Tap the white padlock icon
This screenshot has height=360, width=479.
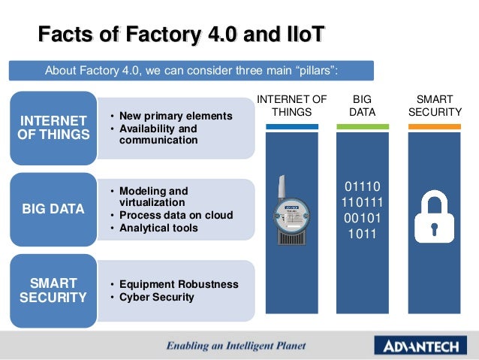tap(434, 214)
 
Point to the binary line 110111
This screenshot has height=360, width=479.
tap(363, 202)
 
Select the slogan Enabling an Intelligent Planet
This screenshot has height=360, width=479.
tap(236, 346)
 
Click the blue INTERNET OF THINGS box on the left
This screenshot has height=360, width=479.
tap(53, 128)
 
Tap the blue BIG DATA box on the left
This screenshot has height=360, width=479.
tap(53, 209)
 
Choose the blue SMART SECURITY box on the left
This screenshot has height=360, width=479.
tap(53, 290)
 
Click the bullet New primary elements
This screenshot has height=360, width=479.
tap(171, 116)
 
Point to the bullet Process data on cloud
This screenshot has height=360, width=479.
tap(176, 215)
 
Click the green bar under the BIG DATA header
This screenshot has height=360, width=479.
tap(363, 126)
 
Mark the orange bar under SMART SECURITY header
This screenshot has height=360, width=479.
tap(434, 126)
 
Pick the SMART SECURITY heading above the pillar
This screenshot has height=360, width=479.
tap(434, 105)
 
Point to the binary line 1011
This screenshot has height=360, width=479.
tap(363, 234)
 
